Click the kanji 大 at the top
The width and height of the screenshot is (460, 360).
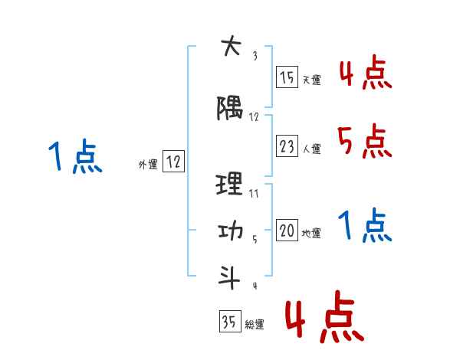point(229,47)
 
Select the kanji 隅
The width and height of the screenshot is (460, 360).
point(229,110)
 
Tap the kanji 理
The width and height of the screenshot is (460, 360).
point(229,184)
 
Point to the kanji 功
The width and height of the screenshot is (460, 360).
point(229,231)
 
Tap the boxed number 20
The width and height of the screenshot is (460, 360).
point(287,231)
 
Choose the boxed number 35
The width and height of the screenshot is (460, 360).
point(228,322)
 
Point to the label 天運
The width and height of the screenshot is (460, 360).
point(311,80)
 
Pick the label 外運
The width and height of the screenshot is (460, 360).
point(147,165)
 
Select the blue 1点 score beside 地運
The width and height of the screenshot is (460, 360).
point(365,225)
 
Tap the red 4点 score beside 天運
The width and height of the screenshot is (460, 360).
point(365,72)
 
